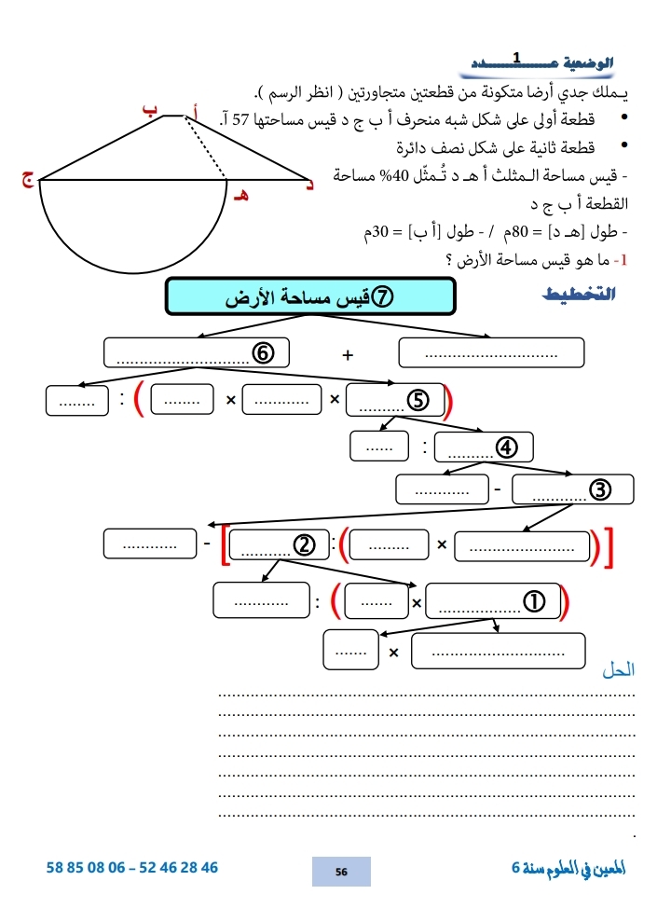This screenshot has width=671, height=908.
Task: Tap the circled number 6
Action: click(x=263, y=353)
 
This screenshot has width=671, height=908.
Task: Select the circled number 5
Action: click(x=418, y=400)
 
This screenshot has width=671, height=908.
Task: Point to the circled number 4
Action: click(x=507, y=447)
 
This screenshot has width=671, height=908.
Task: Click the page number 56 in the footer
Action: click(x=341, y=871)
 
